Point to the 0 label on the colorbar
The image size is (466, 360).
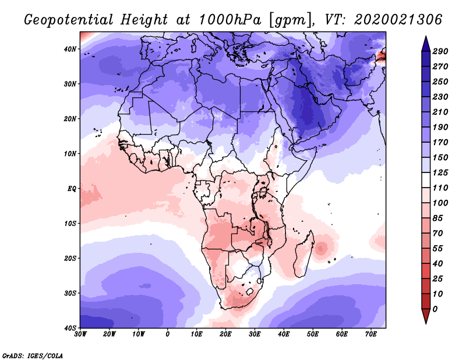[x=436, y=308]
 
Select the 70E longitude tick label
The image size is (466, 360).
[x=371, y=334]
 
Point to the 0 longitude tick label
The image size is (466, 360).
[x=168, y=334]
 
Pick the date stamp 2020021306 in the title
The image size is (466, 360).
[x=396, y=20]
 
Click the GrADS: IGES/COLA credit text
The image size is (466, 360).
[x=32, y=355]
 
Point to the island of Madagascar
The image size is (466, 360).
[x=303, y=255]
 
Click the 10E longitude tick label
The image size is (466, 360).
[x=197, y=334]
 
